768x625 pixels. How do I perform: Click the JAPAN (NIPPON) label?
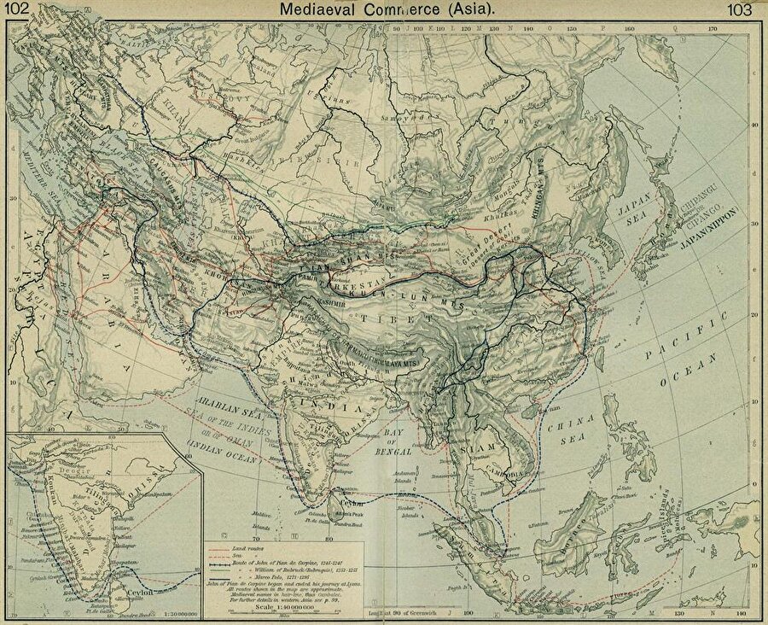[722, 227]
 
